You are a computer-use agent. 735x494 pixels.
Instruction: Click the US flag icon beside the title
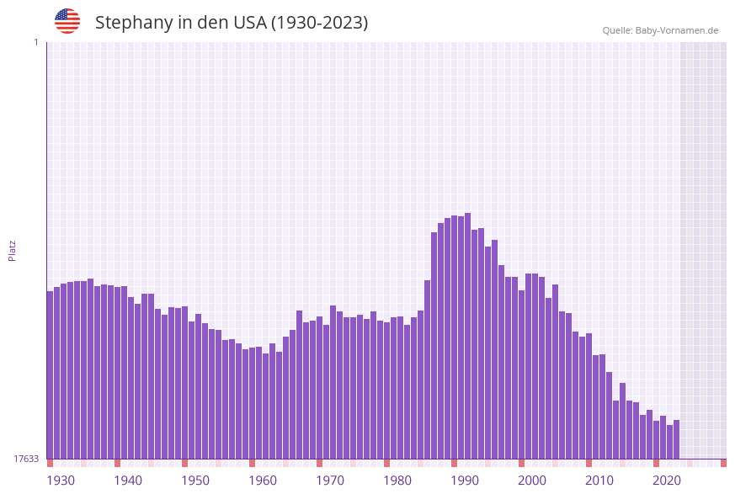67,21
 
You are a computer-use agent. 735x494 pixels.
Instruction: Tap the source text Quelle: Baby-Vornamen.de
660,30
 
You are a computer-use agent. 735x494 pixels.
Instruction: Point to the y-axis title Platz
13,250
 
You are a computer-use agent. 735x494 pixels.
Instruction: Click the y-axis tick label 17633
26,459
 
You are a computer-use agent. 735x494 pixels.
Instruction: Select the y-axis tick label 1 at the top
35,42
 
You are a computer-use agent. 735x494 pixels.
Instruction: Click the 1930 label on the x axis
61,481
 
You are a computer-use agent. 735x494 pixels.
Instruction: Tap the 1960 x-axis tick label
263,481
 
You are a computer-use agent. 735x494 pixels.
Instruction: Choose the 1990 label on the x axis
465,481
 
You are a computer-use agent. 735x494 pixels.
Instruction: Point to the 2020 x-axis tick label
667,481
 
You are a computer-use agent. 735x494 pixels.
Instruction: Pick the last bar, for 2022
677,438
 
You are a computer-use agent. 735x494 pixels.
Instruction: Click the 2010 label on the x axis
599,481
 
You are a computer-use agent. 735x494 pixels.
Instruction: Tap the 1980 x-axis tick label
397,481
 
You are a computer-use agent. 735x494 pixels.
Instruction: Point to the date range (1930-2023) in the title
319,23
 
